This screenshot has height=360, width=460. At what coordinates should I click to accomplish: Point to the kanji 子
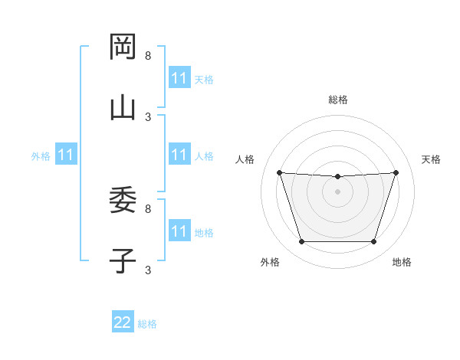coord(123,260)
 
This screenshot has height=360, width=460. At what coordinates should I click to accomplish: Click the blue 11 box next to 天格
coord(179,78)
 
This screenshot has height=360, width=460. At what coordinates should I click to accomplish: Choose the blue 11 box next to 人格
coord(179,155)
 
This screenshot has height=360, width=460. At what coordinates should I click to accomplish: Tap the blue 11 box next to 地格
coord(179,231)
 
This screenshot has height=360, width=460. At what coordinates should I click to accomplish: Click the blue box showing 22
coord(123,322)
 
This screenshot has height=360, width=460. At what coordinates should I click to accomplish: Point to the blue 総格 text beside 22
coord(147,324)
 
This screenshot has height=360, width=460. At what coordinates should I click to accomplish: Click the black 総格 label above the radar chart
coord(338,100)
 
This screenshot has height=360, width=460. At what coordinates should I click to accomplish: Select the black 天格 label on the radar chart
coord(431,159)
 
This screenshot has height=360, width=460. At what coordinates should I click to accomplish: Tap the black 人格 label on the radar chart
coord(245,159)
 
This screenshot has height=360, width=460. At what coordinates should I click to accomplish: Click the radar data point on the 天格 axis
coord(396,172)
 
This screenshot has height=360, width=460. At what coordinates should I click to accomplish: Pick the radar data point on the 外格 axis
coord(301,242)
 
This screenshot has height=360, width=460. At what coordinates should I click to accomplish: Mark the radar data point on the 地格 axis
coord(373,242)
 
